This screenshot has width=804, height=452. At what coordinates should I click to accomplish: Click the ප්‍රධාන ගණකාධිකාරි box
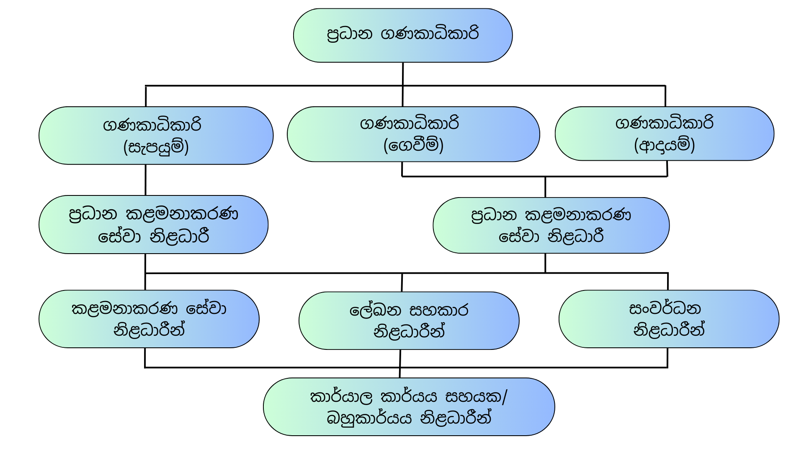coord(403,36)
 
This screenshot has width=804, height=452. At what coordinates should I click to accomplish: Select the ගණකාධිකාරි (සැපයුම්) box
coord(156,135)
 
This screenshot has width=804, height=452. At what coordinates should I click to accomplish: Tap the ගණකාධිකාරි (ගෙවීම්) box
coord(413,134)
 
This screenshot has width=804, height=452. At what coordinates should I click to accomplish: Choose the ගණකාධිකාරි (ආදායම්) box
coord(664,134)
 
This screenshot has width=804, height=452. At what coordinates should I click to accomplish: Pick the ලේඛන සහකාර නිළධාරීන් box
coord(409,321)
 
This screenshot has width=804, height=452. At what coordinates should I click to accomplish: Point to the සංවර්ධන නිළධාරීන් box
coord(669,319)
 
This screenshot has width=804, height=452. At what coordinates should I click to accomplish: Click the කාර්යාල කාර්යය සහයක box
coord(409,407)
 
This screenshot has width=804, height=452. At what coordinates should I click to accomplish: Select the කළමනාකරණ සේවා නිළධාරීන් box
coord(149,319)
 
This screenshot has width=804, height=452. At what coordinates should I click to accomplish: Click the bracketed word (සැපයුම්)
coord(156,147)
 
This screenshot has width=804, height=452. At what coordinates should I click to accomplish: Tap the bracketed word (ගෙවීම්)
coord(413,145)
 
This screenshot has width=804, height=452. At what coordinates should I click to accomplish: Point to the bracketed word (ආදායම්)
coord(665,145)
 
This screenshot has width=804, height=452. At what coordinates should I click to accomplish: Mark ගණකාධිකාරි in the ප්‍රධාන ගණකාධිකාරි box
coord(430,34)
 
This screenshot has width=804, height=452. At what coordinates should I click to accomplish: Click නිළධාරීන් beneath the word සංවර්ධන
coord(669,330)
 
